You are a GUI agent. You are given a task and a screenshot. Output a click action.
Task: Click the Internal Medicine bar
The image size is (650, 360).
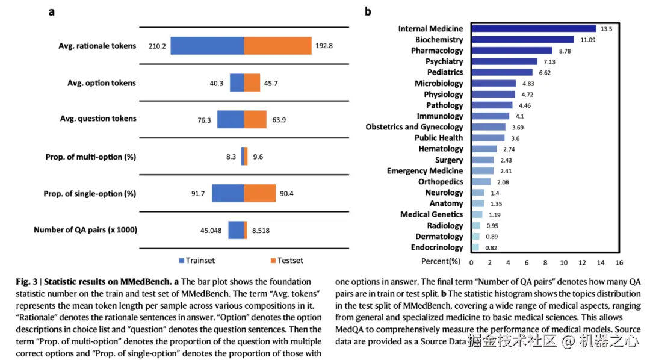click(533, 28)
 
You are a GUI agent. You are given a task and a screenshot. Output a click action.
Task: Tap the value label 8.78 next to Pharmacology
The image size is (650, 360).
click(563, 51)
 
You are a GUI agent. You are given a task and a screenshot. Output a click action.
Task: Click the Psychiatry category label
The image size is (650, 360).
click(444, 61)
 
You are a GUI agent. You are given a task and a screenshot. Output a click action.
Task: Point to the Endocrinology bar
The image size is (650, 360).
click(475, 247)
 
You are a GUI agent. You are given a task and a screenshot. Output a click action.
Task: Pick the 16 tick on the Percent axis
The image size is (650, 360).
click(619, 262)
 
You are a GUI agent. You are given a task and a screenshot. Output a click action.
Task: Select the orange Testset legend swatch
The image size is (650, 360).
click(273, 261)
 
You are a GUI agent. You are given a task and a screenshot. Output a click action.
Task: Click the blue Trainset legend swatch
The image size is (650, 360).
click(182, 261)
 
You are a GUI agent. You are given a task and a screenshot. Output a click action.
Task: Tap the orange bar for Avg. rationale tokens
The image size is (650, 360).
click(277, 46)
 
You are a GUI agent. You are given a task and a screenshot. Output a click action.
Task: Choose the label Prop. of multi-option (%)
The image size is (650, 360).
click(91, 157)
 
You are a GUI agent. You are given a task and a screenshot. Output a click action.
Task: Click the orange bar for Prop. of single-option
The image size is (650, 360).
click(259, 194)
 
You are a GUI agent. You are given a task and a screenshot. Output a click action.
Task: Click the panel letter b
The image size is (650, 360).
click(368, 11)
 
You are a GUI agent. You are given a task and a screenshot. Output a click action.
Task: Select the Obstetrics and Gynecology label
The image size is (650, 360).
click(414, 127)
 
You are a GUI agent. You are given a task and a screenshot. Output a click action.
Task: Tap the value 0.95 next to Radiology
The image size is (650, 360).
click(492, 226)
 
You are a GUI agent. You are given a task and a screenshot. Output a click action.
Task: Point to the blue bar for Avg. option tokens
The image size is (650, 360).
click(237, 83)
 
